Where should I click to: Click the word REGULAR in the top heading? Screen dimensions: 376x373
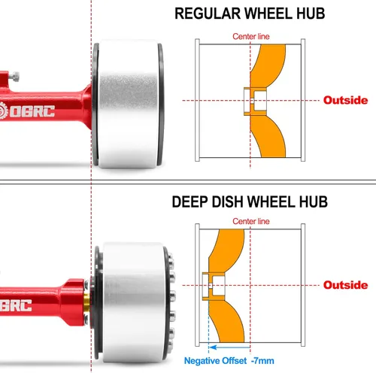208,14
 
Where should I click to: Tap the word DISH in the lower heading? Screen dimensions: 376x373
228,202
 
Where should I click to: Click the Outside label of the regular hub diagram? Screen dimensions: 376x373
345,100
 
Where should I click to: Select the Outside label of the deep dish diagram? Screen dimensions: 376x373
345,285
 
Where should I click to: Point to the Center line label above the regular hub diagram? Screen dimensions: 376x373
251,37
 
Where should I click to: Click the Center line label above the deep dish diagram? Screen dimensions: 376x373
251,221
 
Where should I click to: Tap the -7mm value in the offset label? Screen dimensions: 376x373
262,361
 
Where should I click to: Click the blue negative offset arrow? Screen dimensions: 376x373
229,347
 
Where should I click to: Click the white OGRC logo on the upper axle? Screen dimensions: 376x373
27,111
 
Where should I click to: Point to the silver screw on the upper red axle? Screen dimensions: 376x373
14,77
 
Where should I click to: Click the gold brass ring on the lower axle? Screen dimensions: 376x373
86,302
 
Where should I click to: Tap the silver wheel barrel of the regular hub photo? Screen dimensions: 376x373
129,104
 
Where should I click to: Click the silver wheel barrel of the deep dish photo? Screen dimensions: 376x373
133,303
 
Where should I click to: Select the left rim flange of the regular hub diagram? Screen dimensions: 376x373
197,100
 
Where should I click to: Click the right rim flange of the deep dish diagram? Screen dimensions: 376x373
303,285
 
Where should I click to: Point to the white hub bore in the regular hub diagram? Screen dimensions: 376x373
255,101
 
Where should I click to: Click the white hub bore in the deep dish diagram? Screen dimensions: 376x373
214,286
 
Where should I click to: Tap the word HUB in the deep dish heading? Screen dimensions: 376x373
314,202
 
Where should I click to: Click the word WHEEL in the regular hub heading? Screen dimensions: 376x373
268,14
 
